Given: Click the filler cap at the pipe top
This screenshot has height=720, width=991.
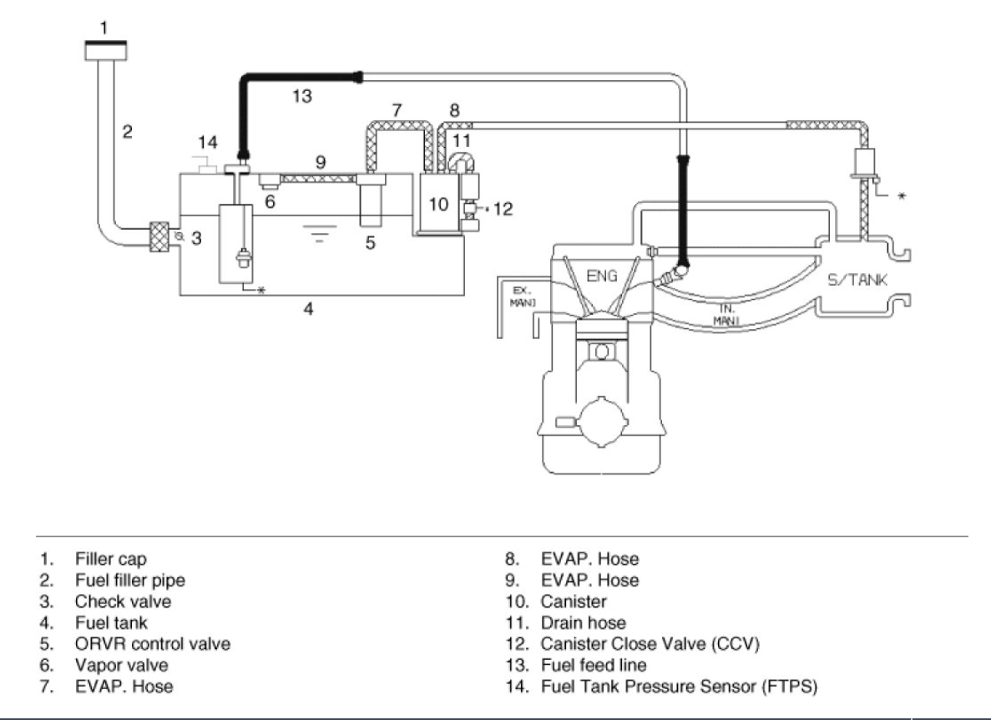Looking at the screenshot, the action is click(x=105, y=50).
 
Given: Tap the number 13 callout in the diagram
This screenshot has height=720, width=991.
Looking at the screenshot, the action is click(x=302, y=96).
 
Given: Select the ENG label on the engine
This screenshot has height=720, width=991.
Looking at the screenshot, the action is click(x=602, y=276).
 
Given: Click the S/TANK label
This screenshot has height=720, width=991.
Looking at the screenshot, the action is click(x=857, y=280).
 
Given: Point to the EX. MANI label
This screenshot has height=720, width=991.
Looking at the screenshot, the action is click(x=522, y=297).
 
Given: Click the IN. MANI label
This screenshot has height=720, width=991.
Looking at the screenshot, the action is click(x=726, y=315).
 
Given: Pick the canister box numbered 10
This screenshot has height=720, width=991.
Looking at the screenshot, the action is click(x=438, y=204).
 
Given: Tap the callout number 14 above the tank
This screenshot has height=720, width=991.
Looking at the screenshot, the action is click(x=207, y=142).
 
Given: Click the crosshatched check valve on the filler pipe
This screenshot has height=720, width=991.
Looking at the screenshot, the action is click(x=159, y=237).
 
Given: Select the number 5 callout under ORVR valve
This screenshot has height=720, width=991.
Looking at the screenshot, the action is click(x=371, y=242).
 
